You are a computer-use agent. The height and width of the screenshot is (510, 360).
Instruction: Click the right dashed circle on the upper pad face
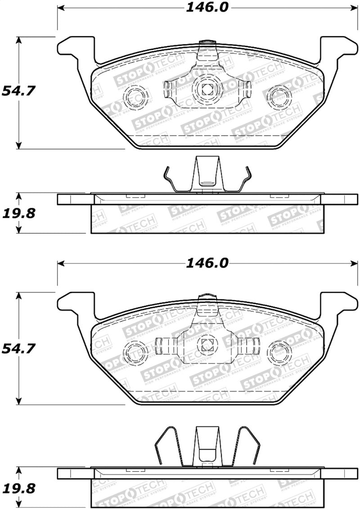coord(278,96)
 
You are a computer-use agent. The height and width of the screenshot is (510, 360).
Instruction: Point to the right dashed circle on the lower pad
coord(279,352)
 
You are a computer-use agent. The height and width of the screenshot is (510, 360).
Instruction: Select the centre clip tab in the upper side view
coord(207,173)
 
